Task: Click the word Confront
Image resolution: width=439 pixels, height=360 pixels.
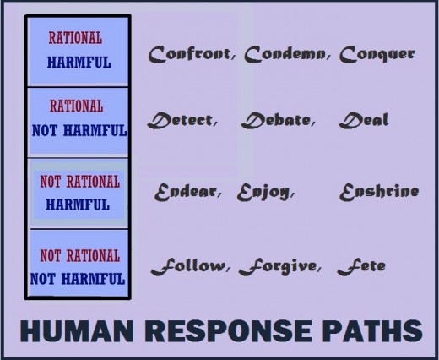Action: click(189, 54)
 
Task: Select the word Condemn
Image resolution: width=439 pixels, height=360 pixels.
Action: click(285, 54)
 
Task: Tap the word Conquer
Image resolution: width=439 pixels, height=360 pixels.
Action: click(377, 54)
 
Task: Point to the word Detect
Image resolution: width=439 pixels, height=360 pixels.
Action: click(181, 121)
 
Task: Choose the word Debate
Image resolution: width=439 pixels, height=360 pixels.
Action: click(276, 121)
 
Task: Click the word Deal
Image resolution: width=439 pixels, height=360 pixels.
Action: click(364, 121)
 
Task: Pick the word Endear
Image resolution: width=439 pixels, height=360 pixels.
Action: click(186, 192)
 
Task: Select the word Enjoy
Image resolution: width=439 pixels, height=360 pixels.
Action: click(263, 193)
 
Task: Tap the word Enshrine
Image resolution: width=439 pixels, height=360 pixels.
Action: click(379, 192)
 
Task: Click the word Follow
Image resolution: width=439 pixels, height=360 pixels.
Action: click(188, 266)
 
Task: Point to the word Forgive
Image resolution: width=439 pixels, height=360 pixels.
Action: click(278, 267)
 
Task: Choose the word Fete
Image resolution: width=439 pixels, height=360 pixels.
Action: click(361, 266)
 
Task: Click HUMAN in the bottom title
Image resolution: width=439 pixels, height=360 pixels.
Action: click(77, 330)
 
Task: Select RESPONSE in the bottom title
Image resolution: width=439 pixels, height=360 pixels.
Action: click(228, 330)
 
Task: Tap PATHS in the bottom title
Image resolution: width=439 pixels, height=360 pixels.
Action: click(372, 330)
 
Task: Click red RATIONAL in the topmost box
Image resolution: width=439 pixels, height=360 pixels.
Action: click(75, 38)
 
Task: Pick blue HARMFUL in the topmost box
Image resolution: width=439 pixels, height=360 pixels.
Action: click(79, 63)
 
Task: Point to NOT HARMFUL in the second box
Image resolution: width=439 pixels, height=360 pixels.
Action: click(79, 131)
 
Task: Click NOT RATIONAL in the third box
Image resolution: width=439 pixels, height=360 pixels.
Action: click(80, 182)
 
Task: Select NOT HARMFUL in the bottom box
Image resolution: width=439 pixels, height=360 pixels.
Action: click(78, 279)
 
